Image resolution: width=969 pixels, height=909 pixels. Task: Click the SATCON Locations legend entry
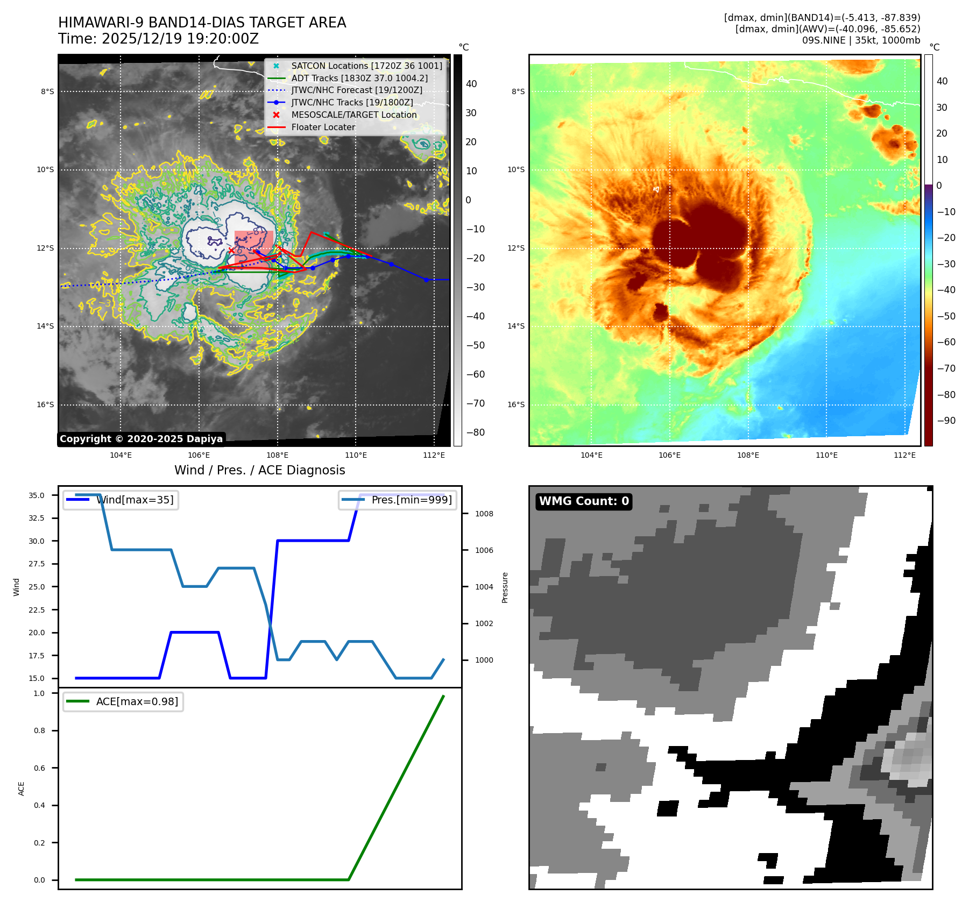pos(366,66)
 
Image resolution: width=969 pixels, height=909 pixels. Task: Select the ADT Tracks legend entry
pos(359,79)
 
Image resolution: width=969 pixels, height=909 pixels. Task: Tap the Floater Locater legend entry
pos(323,127)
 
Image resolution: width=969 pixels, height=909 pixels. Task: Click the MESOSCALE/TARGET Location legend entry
pos(353,115)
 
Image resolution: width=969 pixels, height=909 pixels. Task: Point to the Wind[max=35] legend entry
pos(135,500)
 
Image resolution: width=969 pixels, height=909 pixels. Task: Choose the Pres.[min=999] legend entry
pos(411,500)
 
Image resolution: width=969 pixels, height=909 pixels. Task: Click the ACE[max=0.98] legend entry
pos(137,702)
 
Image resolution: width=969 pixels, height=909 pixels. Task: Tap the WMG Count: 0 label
pos(584,501)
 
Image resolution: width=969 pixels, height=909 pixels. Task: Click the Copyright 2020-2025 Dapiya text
pos(141,439)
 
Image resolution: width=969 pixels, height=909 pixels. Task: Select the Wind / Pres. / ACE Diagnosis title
pos(259,471)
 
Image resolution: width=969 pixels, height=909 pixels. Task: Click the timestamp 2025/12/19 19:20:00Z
pos(180,39)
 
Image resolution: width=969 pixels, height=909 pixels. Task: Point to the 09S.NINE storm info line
pos(861,40)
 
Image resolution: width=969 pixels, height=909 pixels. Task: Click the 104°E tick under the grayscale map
pos(121,456)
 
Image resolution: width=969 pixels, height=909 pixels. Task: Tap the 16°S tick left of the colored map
pos(516,405)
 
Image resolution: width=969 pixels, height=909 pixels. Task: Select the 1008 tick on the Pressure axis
pos(484,514)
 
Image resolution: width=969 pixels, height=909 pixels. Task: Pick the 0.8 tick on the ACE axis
pos(39,731)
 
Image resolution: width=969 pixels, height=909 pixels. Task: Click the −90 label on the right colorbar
pos(946,421)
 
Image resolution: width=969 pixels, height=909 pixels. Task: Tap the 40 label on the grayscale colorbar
pos(471,84)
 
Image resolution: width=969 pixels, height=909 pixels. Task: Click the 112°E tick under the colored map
pos(904,456)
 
